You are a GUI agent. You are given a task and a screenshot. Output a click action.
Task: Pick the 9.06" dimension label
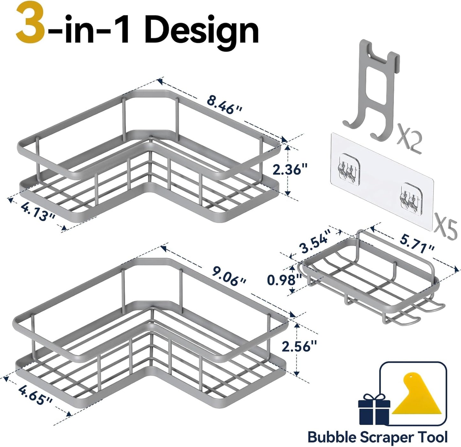(x=229, y=277)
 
